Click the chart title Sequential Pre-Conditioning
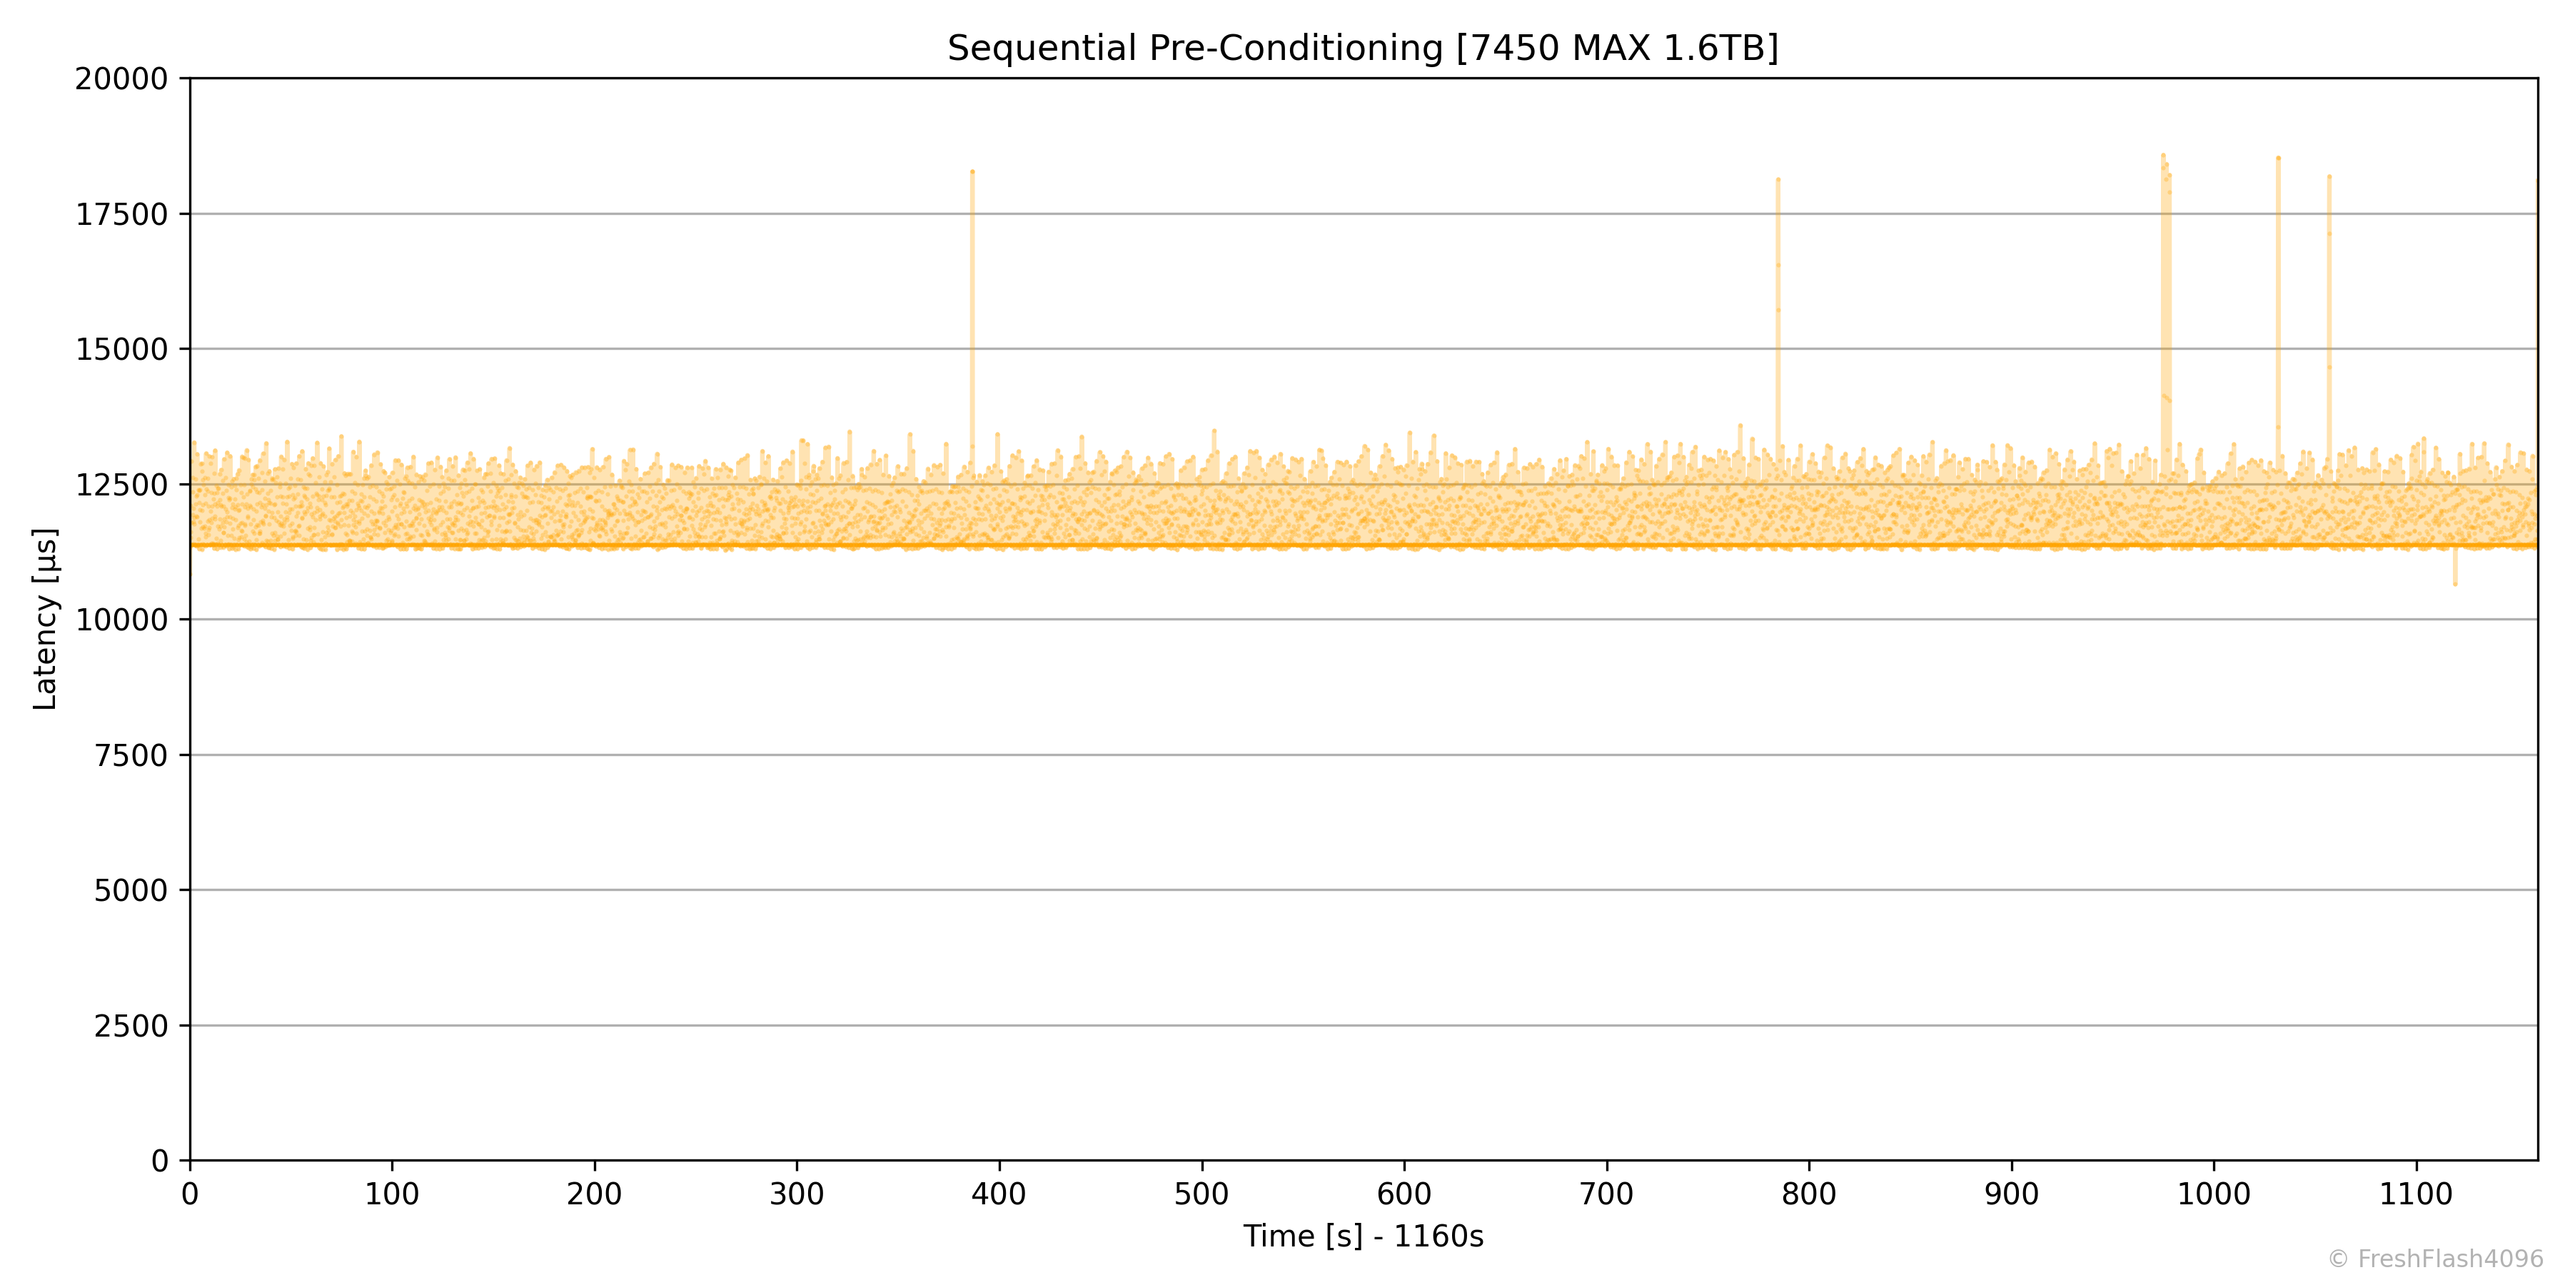click(x=1362, y=48)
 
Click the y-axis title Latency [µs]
click(x=46, y=618)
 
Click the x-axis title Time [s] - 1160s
click(x=1363, y=1236)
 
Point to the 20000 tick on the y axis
click(x=121, y=79)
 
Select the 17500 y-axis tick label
click(x=121, y=213)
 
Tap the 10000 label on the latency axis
click(x=121, y=620)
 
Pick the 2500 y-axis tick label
click(x=131, y=1026)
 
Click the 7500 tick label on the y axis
click(x=131, y=755)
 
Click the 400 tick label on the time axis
click(x=999, y=1194)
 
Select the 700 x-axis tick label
click(x=1606, y=1194)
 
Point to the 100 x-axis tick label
click(x=392, y=1194)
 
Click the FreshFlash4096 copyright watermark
click(x=2434, y=1259)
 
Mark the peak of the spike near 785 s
click(x=1778, y=180)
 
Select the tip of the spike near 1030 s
click(x=2278, y=158)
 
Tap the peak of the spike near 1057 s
click(x=2329, y=176)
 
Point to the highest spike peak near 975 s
click(x=2163, y=156)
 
